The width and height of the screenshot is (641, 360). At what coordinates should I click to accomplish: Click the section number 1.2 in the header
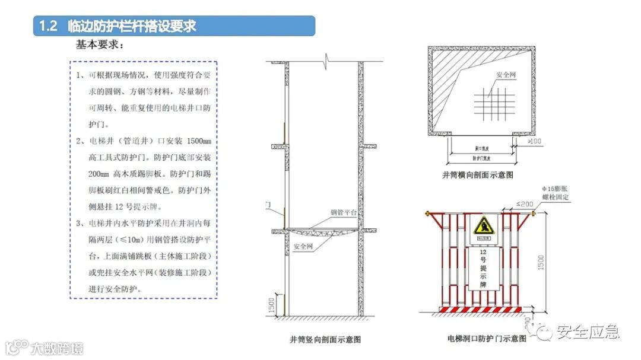47,27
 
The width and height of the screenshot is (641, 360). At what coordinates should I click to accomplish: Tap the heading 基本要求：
100,45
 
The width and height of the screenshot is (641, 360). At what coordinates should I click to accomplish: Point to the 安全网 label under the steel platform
304,244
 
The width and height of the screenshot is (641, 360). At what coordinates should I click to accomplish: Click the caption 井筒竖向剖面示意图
325,340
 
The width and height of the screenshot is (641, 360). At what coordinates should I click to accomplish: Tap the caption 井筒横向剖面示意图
477,175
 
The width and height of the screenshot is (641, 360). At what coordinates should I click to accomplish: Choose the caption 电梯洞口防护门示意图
487,339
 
